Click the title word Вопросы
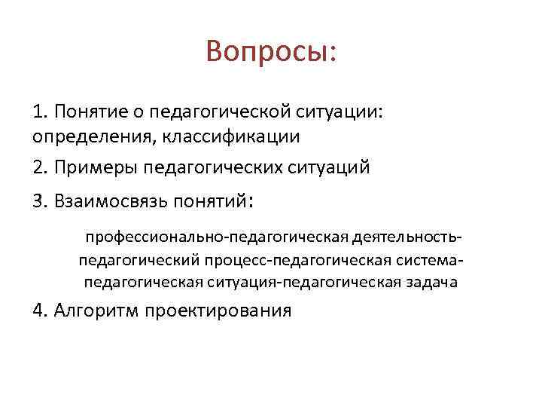click(x=270, y=52)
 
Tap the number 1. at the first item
click(x=41, y=112)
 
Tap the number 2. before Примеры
click(x=41, y=167)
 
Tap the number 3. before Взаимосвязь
click(x=41, y=201)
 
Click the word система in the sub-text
click(x=435, y=261)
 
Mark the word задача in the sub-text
click(x=431, y=283)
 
